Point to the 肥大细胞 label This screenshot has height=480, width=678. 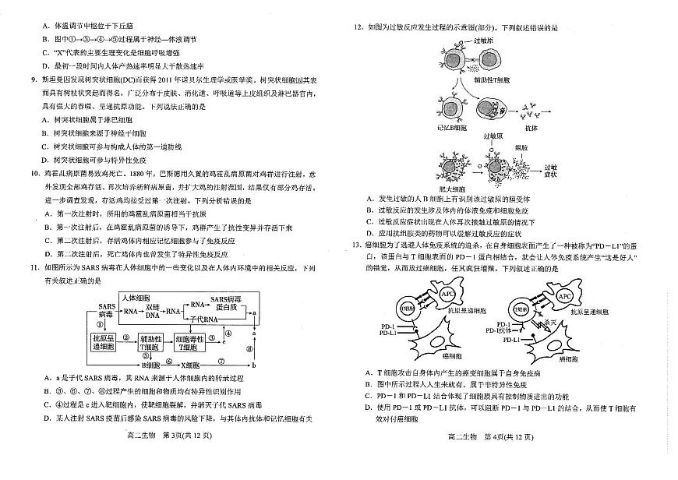pos(452,189)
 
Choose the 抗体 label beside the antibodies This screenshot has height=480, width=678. pos(531,127)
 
